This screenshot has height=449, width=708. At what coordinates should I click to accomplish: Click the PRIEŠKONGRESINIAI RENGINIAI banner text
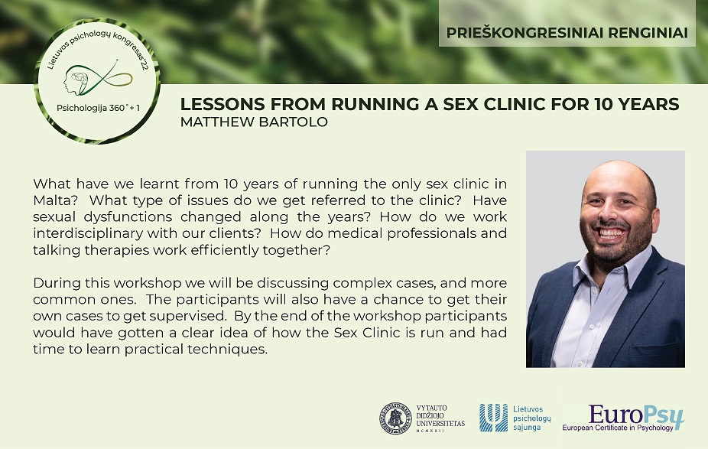point(567,33)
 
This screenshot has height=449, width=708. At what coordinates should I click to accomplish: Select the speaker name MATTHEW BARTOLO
point(254,122)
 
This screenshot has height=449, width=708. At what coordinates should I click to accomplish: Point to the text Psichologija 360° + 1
point(98,108)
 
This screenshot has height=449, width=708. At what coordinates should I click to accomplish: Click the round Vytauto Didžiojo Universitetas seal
point(395,418)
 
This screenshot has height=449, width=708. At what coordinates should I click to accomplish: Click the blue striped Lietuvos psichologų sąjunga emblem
point(493,418)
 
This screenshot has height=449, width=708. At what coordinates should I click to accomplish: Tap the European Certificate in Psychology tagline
point(617,428)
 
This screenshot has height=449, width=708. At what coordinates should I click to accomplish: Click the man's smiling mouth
point(609,233)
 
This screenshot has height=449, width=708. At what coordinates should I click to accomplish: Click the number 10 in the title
point(604,104)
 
